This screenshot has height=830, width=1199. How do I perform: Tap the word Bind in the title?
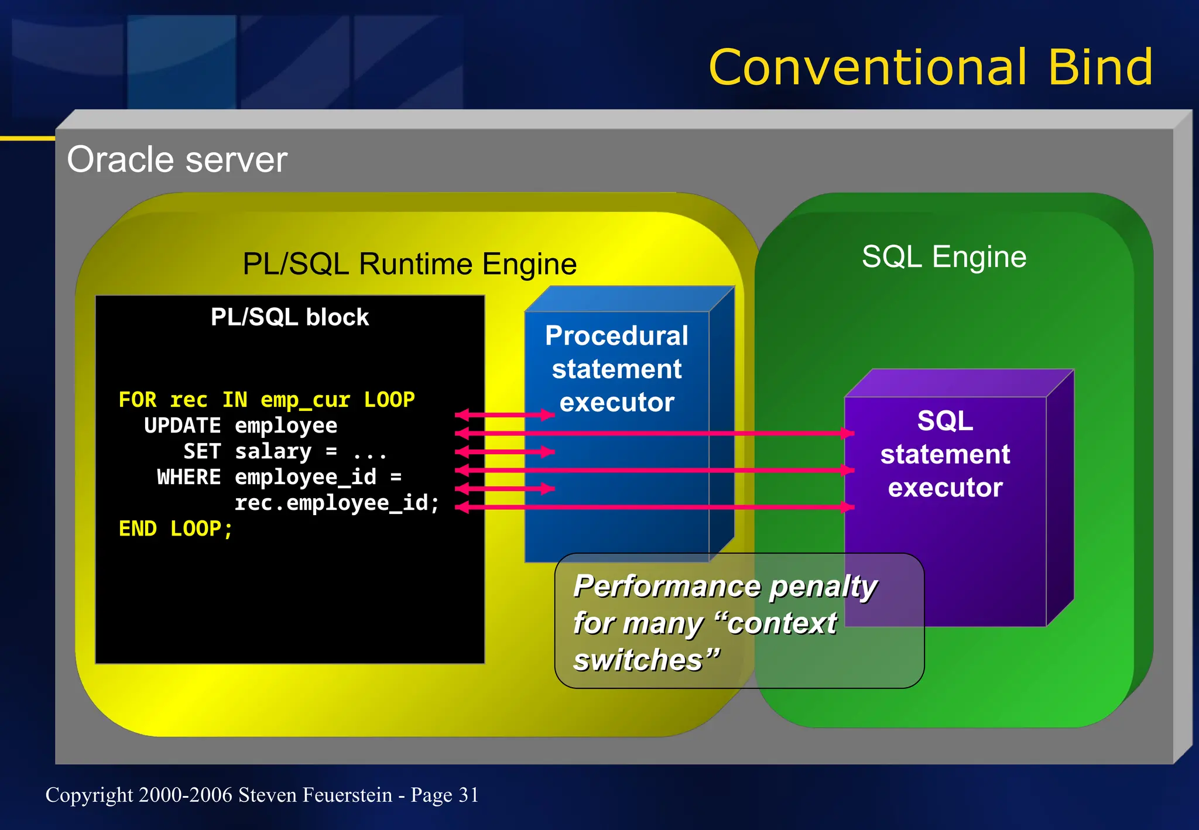click(x=1099, y=68)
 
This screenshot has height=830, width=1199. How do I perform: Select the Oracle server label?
click(x=177, y=160)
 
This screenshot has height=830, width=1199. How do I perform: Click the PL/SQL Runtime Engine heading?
click(x=409, y=264)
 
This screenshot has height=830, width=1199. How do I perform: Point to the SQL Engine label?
click(x=944, y=257)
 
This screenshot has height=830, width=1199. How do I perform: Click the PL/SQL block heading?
click(x=290, y=317)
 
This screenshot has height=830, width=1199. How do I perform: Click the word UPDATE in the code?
click(x=182, y=426)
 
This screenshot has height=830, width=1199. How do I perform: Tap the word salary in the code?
click(x=273, y=452)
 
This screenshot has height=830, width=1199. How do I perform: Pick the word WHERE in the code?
click(x=189, y=478)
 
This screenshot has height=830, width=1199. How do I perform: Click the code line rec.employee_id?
click(x=336, y=503)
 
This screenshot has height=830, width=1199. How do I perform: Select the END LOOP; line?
click(x=176, y=529)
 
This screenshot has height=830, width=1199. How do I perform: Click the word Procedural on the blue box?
click(x=616, y=336)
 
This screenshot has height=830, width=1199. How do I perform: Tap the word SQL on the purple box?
click(x=945, y=421)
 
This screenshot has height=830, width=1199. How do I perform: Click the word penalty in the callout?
click(x=823, y=587)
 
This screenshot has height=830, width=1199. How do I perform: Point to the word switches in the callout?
click(x=638, y=660)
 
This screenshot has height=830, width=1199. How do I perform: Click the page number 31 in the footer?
click(x=468, y=795)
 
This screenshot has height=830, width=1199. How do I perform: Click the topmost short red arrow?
click(x=505, y=415)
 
